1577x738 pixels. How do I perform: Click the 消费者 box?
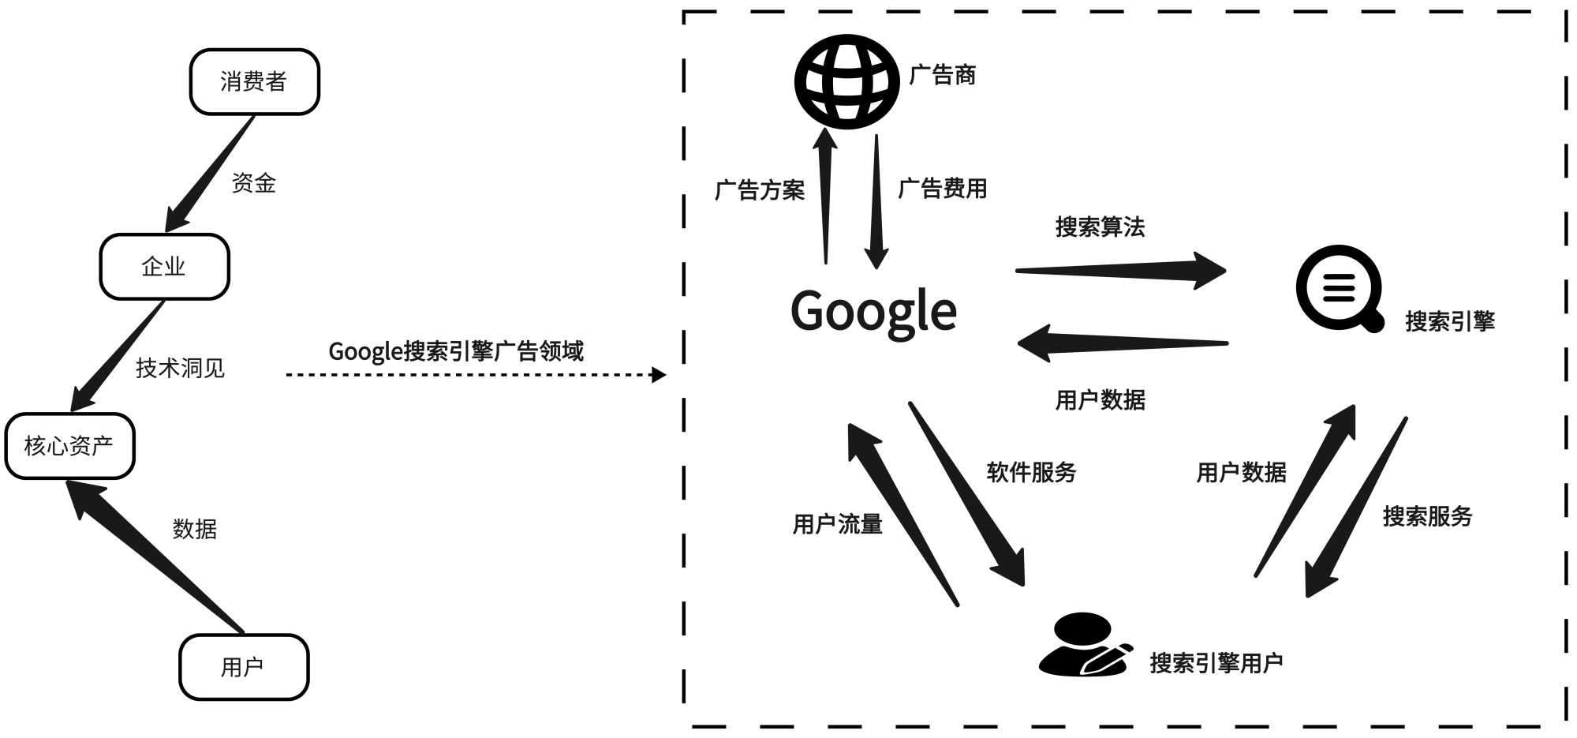click(254, 81)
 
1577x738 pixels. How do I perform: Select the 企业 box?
click(164, 267)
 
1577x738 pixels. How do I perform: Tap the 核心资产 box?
click(69, 446)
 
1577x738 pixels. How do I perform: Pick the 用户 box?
click(243, 667)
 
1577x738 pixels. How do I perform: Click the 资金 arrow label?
click(253, 183)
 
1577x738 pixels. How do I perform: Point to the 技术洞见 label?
click(180, 368)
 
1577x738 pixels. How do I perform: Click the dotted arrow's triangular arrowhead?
click(659, 374)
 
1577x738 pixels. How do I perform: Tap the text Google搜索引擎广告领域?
click(456, 350)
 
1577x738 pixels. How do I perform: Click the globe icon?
click(846, 81)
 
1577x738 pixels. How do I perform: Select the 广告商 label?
click(943, 75)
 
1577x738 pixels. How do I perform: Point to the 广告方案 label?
click(759, 190)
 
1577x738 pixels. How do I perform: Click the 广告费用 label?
click(943, 189)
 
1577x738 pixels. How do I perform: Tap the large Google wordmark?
click(873, 311)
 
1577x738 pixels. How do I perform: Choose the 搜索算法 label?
click(1100, 227)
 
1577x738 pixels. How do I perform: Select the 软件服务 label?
click(1031, 472)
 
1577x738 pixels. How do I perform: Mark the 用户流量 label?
click(837, 523)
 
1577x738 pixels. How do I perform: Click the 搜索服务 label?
click(1427, 516)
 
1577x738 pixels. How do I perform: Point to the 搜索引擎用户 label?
click(1216, 663)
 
